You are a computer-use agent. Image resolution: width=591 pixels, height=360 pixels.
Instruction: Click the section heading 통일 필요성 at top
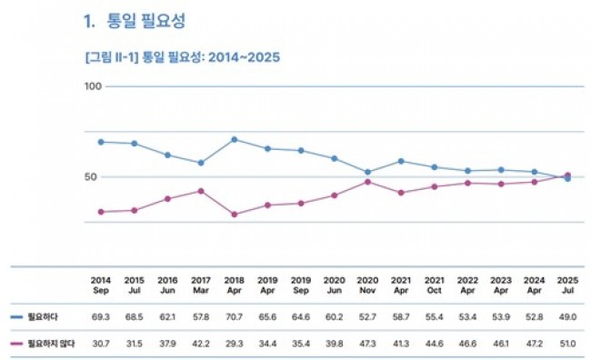coord(145,21)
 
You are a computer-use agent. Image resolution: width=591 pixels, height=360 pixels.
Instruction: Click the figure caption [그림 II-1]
coord(112,57)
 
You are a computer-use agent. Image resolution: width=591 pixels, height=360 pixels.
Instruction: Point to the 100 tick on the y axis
coord(93,86)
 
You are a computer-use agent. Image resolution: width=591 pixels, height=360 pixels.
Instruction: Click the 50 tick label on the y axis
coord(90,176)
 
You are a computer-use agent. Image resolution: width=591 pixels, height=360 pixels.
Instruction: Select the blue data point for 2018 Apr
coord(234,139)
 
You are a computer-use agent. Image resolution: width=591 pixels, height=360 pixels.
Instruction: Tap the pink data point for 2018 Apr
coord(234,215)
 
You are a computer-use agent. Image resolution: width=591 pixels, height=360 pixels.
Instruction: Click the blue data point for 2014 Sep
coord(101,142)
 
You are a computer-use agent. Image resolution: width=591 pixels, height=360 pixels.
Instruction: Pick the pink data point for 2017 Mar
coord(201,191)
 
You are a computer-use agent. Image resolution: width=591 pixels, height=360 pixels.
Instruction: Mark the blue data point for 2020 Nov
coord(368,172)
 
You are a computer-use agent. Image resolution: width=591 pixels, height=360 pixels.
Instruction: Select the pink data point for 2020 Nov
coord(368,182)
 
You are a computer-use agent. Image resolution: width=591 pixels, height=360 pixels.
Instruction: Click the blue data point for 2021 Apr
coord(401,161)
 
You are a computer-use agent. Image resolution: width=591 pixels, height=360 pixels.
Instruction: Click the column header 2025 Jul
coord(567,285)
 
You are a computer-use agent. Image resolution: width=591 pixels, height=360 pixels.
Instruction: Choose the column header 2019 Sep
coord(301,285)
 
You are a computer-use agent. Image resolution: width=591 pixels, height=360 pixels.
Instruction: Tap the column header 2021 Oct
coord(435,285)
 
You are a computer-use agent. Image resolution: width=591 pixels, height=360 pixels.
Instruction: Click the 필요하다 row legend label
coord(43,316)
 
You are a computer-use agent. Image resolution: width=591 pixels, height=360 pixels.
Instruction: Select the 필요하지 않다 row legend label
coord(51,344)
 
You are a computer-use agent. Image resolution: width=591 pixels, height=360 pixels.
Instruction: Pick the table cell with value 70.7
coord(234,317)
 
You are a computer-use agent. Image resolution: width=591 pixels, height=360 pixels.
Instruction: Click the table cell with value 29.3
coord(234,344)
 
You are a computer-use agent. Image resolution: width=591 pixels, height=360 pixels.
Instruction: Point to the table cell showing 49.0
coord(567,317)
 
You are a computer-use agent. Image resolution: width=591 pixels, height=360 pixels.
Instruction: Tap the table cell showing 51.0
coord(567,344)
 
